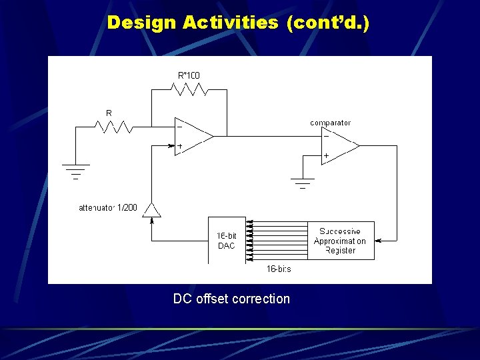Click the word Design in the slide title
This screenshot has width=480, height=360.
tap(142, 23)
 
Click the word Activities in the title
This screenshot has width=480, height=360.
tap(231, 23)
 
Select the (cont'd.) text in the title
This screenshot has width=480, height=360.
tap(327, 23)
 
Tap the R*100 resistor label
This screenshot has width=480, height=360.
tap(189, 75)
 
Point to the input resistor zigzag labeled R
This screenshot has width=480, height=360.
tap(110, 127)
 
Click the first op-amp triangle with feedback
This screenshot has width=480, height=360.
tap(191, 137)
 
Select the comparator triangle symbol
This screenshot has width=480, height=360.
tap(338, 145)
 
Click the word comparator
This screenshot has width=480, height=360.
tap(330, 123)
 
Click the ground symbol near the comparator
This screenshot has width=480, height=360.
tap(303, 181)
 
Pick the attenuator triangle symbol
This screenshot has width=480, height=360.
tap(153, 211)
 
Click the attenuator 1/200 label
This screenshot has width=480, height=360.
tap(108, 208)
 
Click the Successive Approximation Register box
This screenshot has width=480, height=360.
tap(341, 241)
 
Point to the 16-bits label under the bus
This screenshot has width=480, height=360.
tap(279, 269)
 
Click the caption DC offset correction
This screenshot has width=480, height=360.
tap(231, 299)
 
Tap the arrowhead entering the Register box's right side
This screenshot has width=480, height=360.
tap(377, 240)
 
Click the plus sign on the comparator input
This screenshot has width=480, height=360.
tap(326, 156)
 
